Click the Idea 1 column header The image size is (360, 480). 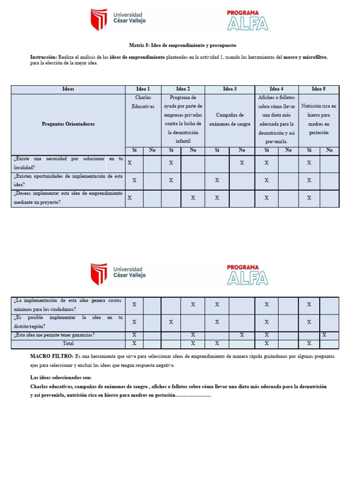143,89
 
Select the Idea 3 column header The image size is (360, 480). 230,89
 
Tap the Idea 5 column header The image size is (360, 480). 318,89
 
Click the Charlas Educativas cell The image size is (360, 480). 143,102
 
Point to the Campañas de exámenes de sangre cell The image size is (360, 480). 230,120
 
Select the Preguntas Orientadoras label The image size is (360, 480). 68,124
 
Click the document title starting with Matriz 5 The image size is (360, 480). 183,45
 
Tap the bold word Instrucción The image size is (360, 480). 43,57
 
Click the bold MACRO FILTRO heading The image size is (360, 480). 52,357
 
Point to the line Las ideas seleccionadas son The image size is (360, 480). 61,378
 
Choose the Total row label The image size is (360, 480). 68,344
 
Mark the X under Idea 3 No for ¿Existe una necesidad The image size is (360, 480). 242,163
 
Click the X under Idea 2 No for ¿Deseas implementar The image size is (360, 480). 193,198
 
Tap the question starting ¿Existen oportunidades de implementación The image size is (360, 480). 68,180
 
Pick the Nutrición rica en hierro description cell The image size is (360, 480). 319,120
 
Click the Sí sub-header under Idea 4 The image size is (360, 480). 266,150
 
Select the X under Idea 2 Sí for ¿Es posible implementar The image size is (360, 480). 171,322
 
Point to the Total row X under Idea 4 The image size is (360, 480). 266,344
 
